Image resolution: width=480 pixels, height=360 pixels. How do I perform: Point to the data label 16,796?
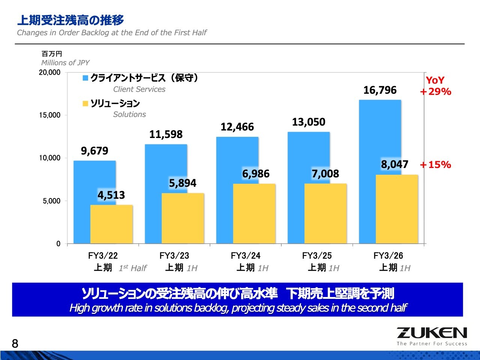(380, 90)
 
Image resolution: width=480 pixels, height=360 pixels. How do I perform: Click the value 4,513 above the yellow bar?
(111, 195)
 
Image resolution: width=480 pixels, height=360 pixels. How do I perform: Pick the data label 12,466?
(237, 127)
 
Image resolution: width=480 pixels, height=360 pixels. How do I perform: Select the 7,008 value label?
(325, 174)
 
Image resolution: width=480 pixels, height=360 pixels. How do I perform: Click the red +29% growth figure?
(435, 92)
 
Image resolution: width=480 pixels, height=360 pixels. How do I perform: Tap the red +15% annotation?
(435, 165)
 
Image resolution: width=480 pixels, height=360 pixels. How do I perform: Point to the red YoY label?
(435, 80)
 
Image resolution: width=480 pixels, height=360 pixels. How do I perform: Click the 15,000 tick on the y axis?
(49, 115)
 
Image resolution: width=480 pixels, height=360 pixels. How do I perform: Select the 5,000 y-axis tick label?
(51, 201)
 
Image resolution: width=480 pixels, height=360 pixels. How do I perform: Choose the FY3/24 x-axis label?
(246, 256)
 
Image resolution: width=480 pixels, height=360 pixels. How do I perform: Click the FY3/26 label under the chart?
(388, 256)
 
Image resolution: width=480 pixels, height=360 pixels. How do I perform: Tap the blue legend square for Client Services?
(85, 78)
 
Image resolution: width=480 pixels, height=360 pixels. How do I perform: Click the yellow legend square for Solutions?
(85, 103)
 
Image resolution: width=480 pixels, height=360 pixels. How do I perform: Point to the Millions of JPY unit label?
(65, 63)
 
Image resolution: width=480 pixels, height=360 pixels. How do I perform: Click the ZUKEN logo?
(432, 333)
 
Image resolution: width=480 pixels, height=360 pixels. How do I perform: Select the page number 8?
(15, 343)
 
